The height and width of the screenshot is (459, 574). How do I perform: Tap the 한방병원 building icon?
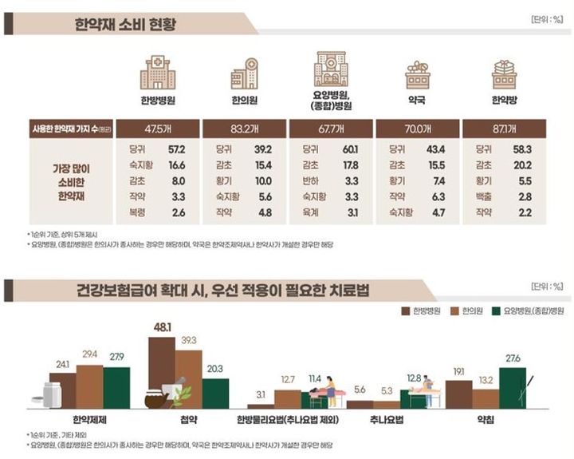pyautogui.click(x=157, y=73)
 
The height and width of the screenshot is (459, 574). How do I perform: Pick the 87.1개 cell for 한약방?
pyautogui.click(x=503, y=129)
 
